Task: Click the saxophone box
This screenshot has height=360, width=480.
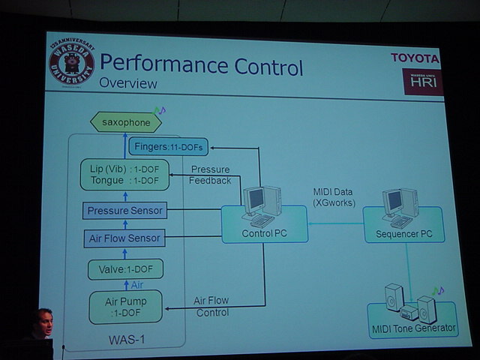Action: [126, 121]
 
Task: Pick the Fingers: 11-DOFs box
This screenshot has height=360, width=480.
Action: [165, 146]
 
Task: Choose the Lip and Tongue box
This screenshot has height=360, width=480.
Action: [124, 174]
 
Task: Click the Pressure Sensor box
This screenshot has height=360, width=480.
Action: [125, 211]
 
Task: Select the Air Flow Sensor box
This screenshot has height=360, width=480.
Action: [124, 239]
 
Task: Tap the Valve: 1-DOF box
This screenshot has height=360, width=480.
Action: [125, 268]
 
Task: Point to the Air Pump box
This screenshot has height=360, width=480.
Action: [125, 307]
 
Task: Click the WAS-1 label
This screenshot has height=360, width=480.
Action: [127, 340]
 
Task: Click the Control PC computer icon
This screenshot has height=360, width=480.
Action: [259, 206]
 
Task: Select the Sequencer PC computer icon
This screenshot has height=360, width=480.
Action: [400, 207]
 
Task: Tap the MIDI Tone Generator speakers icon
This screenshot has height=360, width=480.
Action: [410, 303]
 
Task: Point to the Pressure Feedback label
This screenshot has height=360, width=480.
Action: [210, 175]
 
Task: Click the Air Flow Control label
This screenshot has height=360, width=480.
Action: [212, 306]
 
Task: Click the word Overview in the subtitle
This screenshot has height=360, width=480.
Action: [128, 83]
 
